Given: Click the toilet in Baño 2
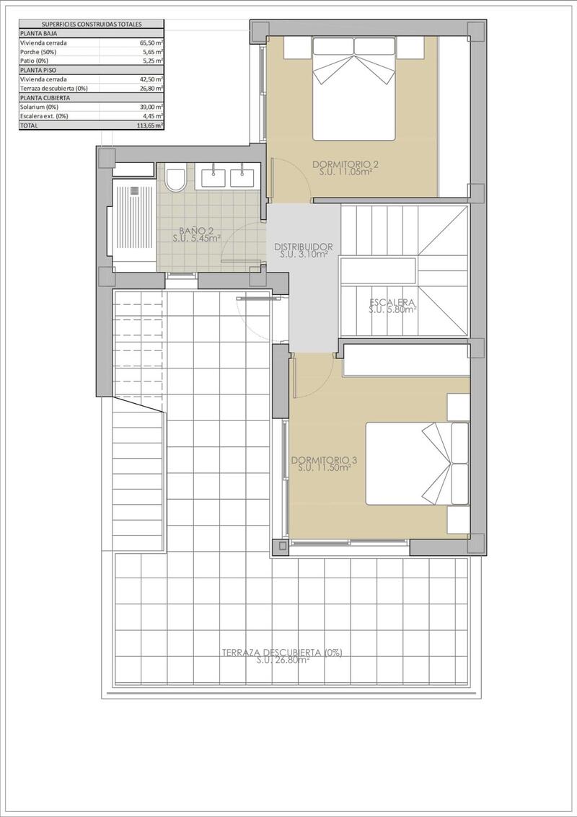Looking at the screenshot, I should (175, 178).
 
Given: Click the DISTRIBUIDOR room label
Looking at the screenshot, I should (303, 246).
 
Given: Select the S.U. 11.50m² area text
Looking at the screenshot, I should (325, 467).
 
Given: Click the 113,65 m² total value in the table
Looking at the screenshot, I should (150, 125).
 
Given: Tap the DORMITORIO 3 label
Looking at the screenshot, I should (325, 459).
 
